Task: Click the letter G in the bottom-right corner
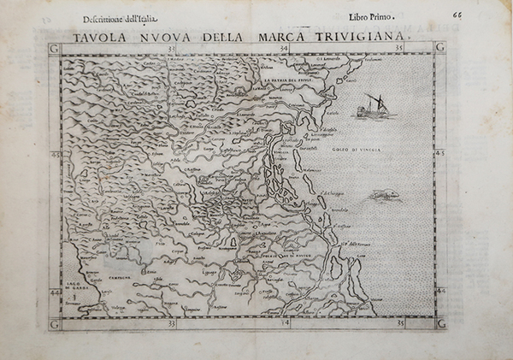pyautogui.click(x=441, y=323)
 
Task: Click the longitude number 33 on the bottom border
pyautogui.click(x=172, y=324)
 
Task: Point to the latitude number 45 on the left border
pyautogui.click(x=57, y=155)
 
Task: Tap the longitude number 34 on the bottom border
pyautogui.click(x=286, y=324)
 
